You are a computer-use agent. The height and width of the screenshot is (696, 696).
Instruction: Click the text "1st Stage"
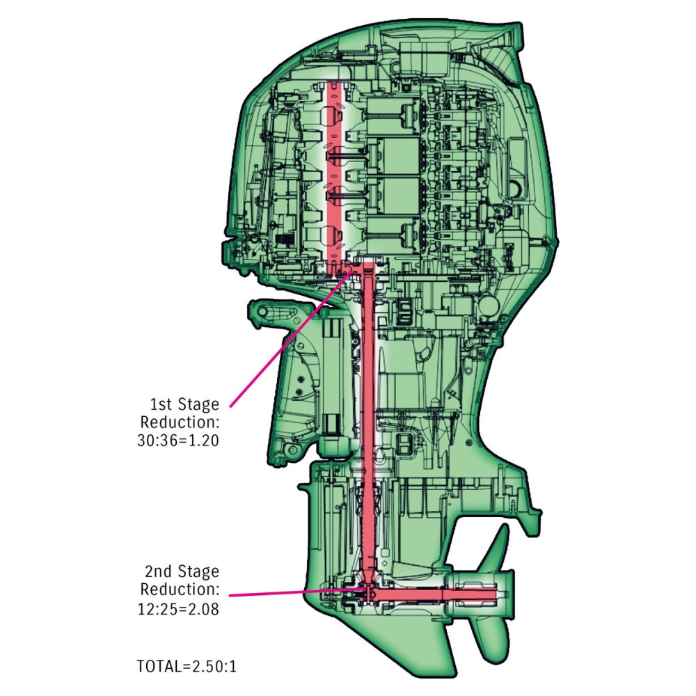click(184, 404)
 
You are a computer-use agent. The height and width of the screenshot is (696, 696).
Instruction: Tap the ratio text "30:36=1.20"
click(178, 441)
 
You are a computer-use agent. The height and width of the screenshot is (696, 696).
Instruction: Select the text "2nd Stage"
click(182, 571)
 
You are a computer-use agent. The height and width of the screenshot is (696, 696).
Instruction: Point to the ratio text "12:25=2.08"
click(178, 609)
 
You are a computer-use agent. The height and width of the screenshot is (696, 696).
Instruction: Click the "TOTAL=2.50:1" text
click(187, 666)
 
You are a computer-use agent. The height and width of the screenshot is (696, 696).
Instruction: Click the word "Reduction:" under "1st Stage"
click(180, 422)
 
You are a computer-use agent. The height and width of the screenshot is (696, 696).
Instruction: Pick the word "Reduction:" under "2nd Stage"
click(180, 590)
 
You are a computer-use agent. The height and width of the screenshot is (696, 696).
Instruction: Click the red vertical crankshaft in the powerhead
click(334, 173)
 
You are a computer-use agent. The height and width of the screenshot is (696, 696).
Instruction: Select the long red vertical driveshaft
click(368, 422)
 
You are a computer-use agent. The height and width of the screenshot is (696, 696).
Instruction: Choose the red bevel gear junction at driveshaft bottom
click(369, 592)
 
